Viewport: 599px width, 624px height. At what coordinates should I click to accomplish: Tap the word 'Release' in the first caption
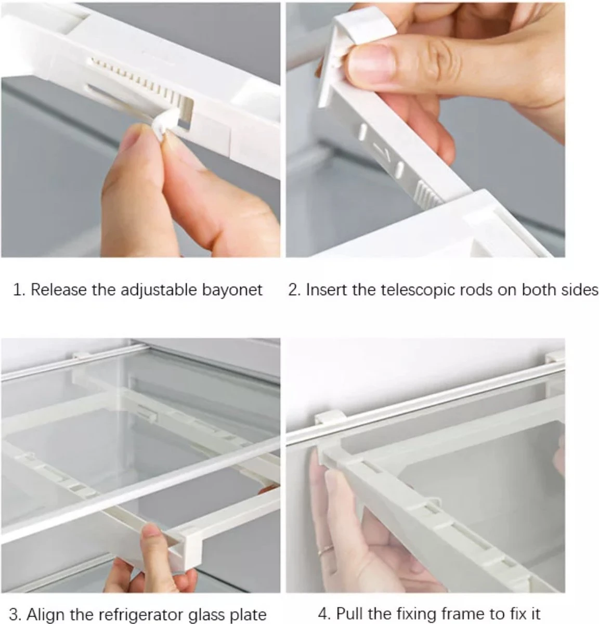(x=59, y=290)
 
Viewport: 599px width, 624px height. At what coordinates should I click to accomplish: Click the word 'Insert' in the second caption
(x=327, y=290)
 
